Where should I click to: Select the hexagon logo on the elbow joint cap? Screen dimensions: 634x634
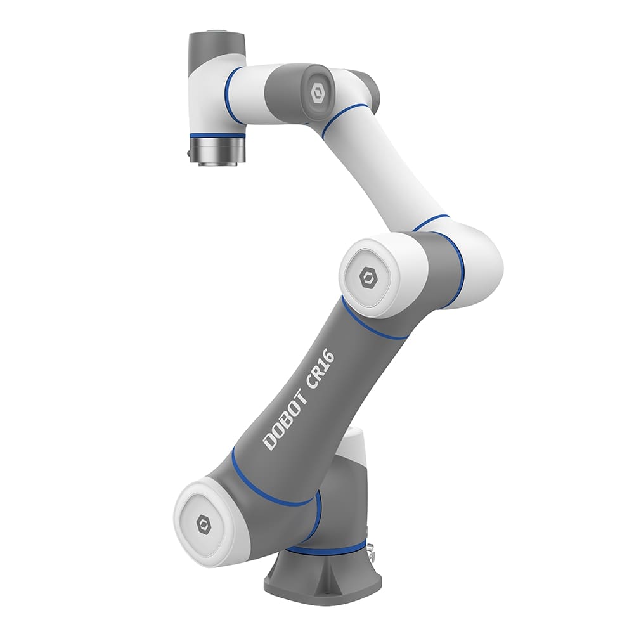click(x=369, y=278)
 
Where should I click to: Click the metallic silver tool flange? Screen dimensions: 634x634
click(x=217, y=152)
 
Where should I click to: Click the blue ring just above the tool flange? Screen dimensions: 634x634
click(x=217, y=136)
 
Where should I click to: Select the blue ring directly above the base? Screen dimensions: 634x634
click(x=330, y=549)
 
